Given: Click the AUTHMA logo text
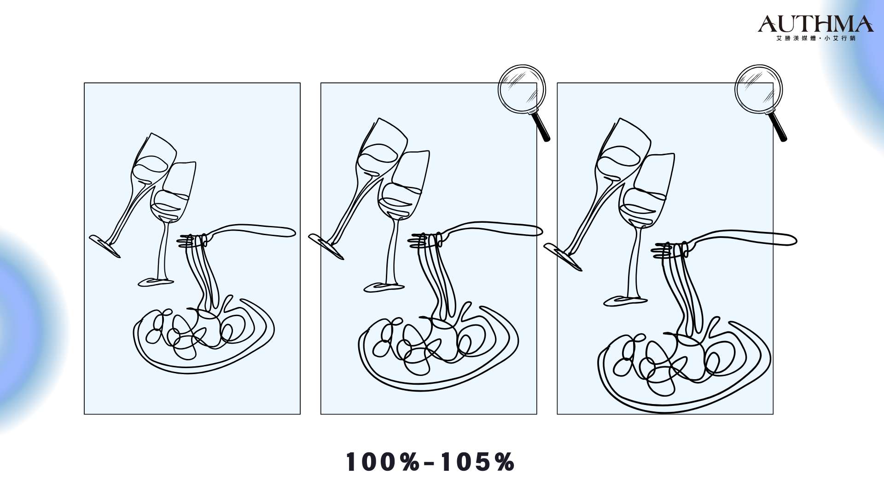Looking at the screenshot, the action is pyautogui.click(x=815, y=24).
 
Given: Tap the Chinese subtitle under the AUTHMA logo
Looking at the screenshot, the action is pyautogui.click(x=815, y=38).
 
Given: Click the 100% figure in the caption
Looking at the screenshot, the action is pyautogui.click(x=383, y=462).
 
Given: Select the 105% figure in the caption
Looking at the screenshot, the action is pyautogui.click(x=477, y=462).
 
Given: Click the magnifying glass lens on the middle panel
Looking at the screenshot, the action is pyautogui.click(x=522, y=89).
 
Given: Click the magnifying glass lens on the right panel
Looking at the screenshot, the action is pyautogui.click(x=758, y=89).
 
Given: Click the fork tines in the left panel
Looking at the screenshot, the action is pyautogui.click(x=186, y=241).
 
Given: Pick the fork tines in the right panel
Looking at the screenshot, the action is pyautogui.click(x=663, y=250).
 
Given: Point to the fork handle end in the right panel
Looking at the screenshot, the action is pyautogui.click(x=790, y=240).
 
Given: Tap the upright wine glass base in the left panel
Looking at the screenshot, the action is pyautogui.click(x=156, y=282).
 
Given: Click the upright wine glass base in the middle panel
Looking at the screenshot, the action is pyautogui.click(x=384, y=288).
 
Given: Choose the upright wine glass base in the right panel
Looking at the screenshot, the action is pyautogui.click(x=625, y=301).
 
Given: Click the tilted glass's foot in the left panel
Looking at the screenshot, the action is pyautogui.click(x=105, y=246).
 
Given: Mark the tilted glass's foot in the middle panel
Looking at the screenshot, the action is pyautogui.click(x=326, y=247).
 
